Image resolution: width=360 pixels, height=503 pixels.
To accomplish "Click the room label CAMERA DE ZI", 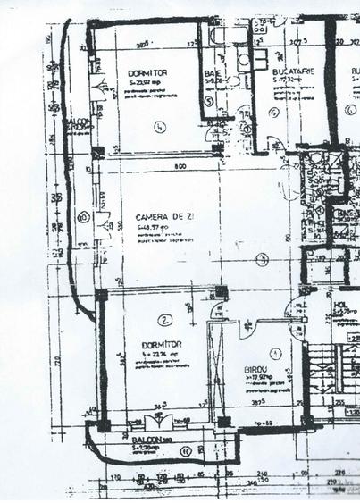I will (x=159, y=217).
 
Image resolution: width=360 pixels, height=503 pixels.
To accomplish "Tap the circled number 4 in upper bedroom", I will (x=160, y=126).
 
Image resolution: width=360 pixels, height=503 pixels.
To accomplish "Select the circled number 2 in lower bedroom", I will (x=164, y=319).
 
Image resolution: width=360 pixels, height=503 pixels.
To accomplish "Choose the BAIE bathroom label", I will (x=213, y=73).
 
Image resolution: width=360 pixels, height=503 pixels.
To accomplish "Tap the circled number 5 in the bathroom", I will (x=208, y=102).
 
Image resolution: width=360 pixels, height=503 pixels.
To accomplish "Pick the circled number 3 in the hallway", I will (x=262, y=260).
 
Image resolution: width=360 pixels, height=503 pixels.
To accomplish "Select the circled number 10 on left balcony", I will (x=83, y=215).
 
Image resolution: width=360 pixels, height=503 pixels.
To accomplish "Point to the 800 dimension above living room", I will (x=180, y=167).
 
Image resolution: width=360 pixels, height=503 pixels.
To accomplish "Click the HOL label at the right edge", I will (x=339, y=306).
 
